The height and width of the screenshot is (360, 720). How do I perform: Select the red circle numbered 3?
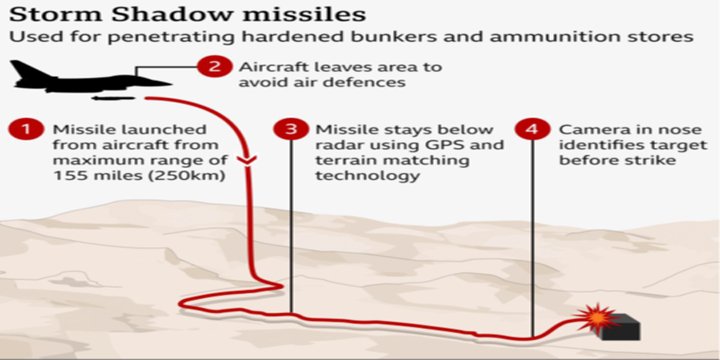[292, 130]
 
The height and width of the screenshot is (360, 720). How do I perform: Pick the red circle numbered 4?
[532, 130]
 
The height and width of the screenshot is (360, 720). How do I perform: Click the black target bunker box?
[623, 327]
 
